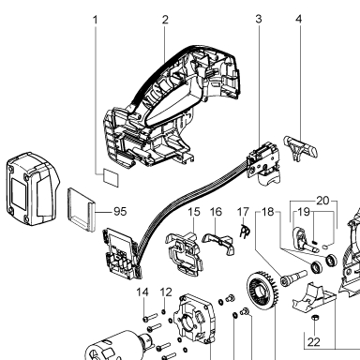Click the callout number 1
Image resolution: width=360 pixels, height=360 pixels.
[96, 20]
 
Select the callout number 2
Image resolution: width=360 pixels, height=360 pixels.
[165, 20]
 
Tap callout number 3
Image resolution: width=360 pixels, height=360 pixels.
[259, 19]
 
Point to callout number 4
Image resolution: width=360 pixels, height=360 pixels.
[299, 19]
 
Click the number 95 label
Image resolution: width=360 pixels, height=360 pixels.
[120, 212]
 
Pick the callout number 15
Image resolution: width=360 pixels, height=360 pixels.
[194, 212]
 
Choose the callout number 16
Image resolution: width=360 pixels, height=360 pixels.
[216, 212]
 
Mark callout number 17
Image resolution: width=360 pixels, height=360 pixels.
[243, 212]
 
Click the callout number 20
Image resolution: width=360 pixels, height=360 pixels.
[322, 201]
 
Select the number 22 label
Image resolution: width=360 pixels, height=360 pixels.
[314, 342]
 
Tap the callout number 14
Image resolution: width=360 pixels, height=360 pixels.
[142, 292]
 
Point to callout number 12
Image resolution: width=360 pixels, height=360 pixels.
[166, 292]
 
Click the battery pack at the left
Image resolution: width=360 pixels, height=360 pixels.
[33, 188]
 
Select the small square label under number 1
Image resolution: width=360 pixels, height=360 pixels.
[111, 177]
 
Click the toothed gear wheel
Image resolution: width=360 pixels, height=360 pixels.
[262, 291]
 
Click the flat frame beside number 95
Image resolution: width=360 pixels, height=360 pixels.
[81, 210]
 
